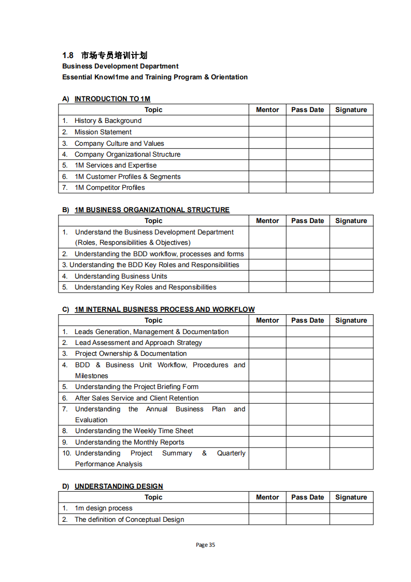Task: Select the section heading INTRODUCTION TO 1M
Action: (112, 99)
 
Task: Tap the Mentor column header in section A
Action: (267, 109)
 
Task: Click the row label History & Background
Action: (108, 121)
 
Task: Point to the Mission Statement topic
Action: (103, 132)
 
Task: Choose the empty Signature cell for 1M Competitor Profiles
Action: (351, 188)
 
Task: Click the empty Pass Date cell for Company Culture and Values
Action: (307, 143)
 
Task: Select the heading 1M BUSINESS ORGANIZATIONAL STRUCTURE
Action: (152, 210)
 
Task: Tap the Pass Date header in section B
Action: (307, 220)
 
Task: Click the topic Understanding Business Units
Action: (121, 276)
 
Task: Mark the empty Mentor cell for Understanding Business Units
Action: (267, 276)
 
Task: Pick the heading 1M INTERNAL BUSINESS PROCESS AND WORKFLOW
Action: (164, 309)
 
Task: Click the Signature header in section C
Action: (351, 320)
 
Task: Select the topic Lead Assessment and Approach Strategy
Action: (138, 342)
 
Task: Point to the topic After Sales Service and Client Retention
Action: (137, 398)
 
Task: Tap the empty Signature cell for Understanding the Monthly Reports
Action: (351, 442)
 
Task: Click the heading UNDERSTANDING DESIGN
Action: (119, 486)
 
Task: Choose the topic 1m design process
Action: (103, 508)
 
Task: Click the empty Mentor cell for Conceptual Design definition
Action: (267, 519)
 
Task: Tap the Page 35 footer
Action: (205, 545)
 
